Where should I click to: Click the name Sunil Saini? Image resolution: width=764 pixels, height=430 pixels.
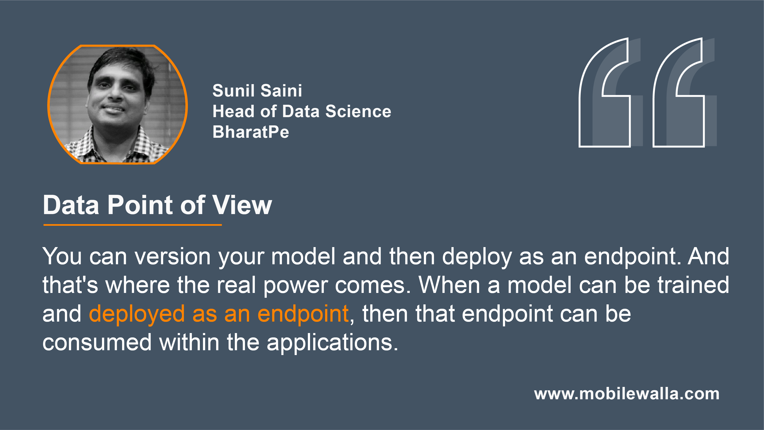coord(257,91)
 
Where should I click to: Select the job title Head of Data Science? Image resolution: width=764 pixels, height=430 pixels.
coord(302,111)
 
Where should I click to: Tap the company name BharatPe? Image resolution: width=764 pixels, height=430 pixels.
coord(251,132)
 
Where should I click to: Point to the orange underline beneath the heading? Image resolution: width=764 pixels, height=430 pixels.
coord(133,225)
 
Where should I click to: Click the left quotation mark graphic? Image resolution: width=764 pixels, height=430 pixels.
coord(605,92)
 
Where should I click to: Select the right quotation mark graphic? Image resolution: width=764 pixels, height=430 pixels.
coord(679,92)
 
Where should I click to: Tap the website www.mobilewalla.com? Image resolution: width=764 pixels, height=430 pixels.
coord(627,394)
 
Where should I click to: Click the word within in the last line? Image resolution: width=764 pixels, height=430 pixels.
coord(189,342)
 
